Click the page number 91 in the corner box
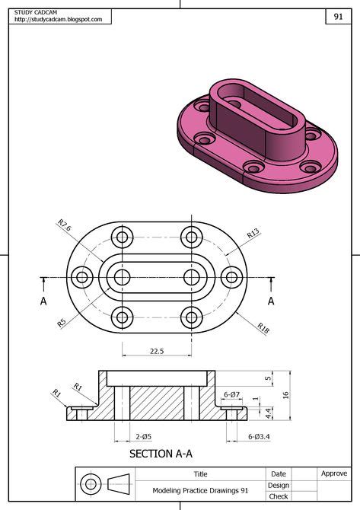point(337,17)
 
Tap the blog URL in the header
point(58,20)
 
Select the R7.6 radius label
point(65,225)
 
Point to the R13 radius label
point(253,234)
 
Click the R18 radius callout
point(263,328)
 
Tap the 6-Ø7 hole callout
point(231,394)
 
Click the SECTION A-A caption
point(161,454)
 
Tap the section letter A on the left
point(43,301)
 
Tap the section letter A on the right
point(271,301)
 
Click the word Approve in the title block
point(333,473)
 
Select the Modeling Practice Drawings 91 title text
point(200,491)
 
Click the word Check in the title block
point(278,497)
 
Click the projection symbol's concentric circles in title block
point(91,484)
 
